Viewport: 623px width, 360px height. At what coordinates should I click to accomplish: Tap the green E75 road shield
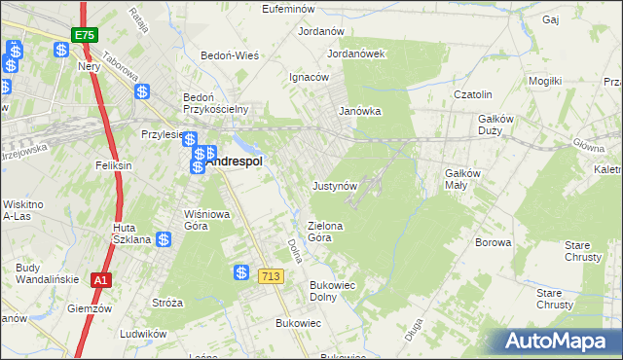[x=83, y=35]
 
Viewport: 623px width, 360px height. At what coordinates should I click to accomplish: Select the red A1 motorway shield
[x=99, y=280]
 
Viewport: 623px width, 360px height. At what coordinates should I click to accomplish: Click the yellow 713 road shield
[x=271, y=277]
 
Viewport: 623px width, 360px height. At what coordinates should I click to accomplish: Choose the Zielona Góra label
[x=326, y=231]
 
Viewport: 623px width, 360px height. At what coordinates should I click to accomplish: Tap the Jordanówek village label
[x=357, y=54]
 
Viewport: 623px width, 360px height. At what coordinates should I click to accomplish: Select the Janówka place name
[x=359, y=111]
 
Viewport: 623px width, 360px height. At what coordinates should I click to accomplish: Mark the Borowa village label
[x=493, y=242]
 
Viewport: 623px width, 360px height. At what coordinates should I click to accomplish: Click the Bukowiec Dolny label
[x=330, y=291]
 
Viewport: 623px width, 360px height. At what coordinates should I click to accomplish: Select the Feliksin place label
[x=113, y=166]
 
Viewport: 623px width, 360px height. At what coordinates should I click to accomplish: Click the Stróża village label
[x=167, y=303]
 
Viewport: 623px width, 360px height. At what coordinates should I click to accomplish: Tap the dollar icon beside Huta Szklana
[x=164, y=238]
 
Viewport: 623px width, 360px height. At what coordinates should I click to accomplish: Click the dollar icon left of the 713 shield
[x=241, y=274]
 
